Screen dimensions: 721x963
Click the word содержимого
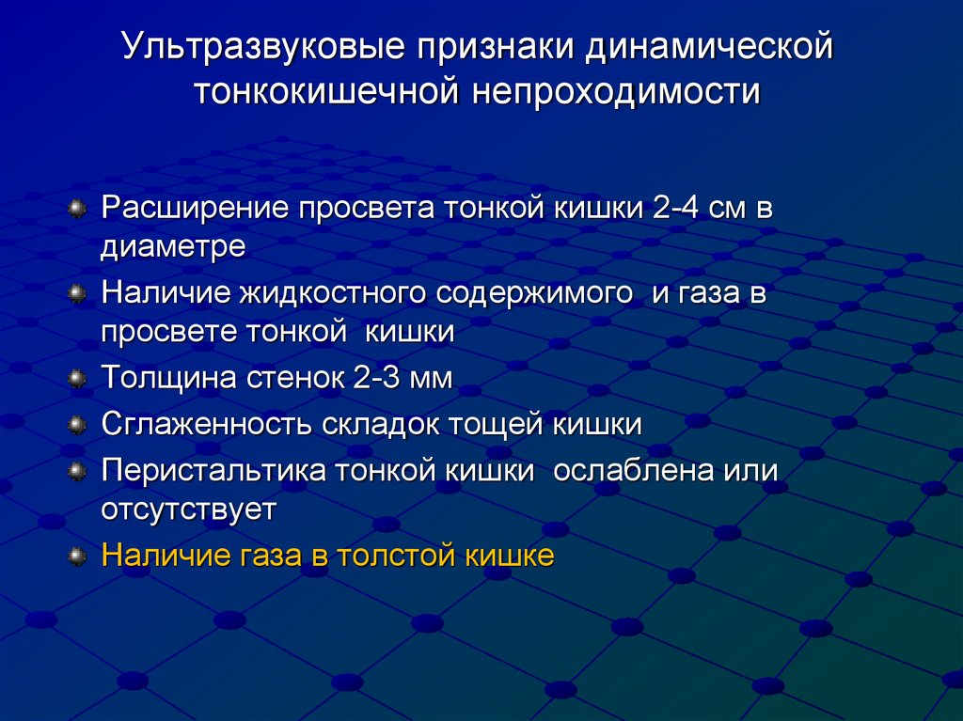coord(536,292)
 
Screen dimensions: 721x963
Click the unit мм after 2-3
coord(432,379)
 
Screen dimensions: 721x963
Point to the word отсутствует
coord(189,509)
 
